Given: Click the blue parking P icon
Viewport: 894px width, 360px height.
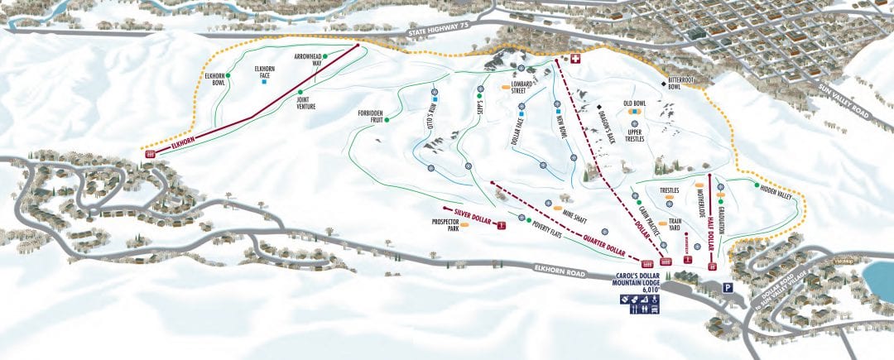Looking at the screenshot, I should tap(728, 288).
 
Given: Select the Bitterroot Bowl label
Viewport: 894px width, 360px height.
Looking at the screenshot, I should tap(681, 83).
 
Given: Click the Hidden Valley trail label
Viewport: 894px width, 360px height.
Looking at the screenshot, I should tap(775, 195).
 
